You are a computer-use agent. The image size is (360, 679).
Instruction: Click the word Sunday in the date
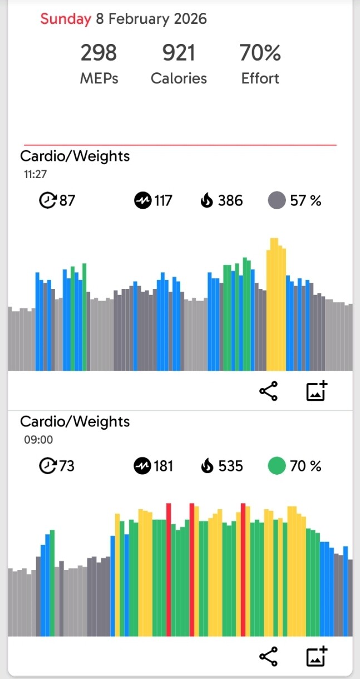click(x=65, y=19)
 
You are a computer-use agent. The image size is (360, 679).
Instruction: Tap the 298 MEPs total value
click(x=99, y=53)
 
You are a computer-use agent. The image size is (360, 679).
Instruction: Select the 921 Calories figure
click(x=179, y=53)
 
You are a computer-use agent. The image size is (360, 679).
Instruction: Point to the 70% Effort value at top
click(x=260, y=53)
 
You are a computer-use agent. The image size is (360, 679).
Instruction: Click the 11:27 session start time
click(x=34, y=174)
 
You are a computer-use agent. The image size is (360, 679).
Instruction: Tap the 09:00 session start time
click(x=38, y=440)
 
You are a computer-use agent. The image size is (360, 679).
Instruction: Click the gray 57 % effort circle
click(x=277, y=200)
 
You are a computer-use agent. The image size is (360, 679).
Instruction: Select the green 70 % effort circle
click(x=277, y=466)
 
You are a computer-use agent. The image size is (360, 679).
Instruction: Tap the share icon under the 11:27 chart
click(x=269, y=392)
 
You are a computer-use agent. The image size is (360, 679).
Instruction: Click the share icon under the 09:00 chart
click(x=269, y=657)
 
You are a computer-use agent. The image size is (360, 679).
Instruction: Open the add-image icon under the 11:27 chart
click(x=317, y=391)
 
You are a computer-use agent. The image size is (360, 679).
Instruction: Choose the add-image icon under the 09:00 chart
click(x=317, y=657)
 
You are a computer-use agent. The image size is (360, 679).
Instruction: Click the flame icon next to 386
click(x=207, y=200)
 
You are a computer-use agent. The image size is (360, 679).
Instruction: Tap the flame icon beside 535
click(x=207, y=466)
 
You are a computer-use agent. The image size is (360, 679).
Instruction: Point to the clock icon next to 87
click(x=47, y=200)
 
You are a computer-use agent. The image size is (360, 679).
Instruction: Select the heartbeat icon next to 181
click(x=142, y=466)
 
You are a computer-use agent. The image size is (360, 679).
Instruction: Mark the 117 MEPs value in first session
click(x=163, y=200)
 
